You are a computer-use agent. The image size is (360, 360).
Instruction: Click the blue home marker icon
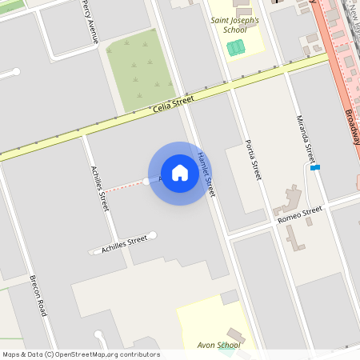coord(180,173)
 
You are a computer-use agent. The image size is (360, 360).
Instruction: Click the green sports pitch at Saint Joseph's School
coord(235,47)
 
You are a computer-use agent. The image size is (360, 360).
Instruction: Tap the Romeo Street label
coord(299,214)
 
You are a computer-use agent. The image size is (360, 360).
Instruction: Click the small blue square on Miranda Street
coord(315,167)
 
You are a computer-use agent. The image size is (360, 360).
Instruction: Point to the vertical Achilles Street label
coord(100,188)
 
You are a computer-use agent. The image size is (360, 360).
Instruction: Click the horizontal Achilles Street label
coord(124,244)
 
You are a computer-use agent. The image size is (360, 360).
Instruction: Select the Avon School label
coord(218,346)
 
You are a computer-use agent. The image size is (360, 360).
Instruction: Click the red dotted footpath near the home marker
coord(127,186)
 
